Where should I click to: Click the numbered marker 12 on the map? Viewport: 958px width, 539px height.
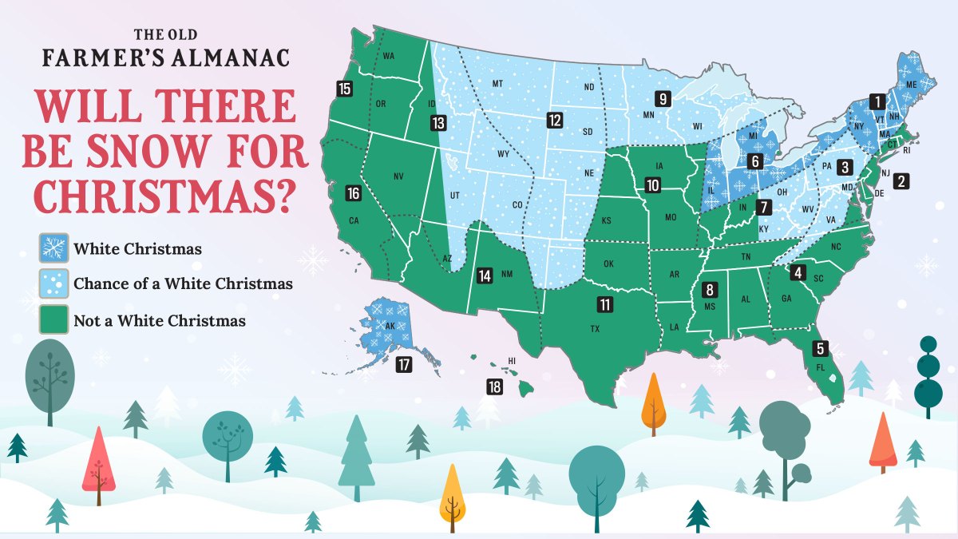[555, 121]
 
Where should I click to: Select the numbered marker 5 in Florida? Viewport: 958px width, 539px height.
[820, 348]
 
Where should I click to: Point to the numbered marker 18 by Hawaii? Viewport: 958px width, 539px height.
[494, 387]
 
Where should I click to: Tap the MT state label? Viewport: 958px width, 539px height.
[497, 84]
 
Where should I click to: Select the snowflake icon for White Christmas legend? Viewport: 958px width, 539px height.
[53, 248]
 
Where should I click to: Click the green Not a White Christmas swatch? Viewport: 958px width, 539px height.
[53, 321]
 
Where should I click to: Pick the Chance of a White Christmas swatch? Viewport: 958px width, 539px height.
[53, 283]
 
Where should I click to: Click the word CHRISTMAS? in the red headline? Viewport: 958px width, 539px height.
[156, 194]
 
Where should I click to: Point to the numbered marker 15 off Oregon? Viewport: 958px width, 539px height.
[345, 89]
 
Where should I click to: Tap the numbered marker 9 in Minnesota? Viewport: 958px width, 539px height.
[662, 99]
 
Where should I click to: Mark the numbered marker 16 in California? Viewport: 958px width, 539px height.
[354, 193]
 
